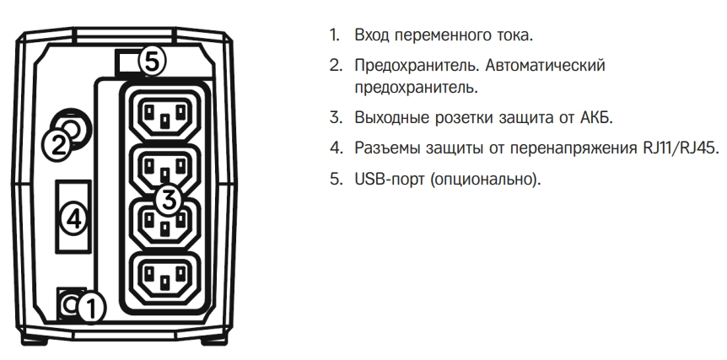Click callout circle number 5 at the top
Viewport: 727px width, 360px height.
pyautogui.click(x=153, y=62)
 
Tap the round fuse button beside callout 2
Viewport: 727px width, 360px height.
pyautogui.click(x=72, y=127)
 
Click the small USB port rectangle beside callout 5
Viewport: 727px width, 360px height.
pyautogui.click(x=125, y=62)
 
